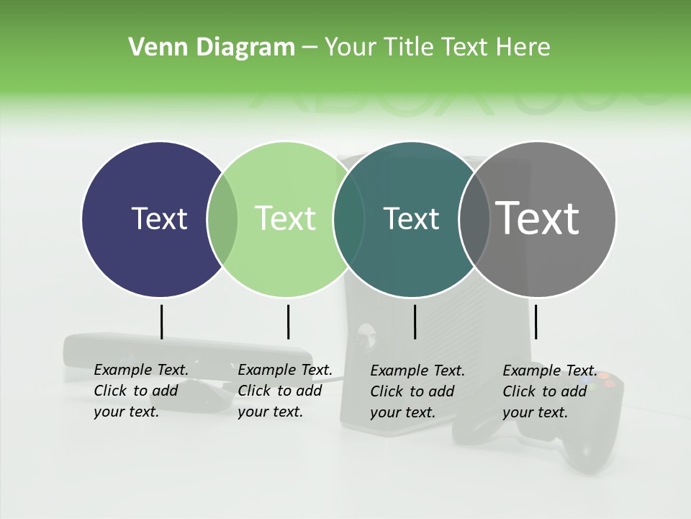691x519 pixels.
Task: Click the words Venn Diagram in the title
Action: (211, 48)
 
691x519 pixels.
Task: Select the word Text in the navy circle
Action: (159, 218)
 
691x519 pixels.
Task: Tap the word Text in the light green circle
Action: (285, 218)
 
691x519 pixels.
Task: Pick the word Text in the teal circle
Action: (411, 218)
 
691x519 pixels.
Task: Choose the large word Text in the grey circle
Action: (537, 218)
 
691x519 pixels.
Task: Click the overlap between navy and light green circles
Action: (222, 219)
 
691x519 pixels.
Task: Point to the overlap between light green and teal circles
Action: (348, 219)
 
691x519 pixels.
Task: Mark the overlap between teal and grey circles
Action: (474, 219)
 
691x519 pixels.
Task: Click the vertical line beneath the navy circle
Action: (161, 321)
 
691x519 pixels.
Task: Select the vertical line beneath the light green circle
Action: (288, 321)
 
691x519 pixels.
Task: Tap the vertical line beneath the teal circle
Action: (415, 321)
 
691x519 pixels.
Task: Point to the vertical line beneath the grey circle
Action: (536, 321)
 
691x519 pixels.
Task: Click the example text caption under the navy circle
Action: (140, 391)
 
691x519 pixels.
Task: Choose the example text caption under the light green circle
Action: (284, 391)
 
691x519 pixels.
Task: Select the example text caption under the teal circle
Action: (417, 391)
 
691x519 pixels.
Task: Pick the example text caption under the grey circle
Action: (548, 391)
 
